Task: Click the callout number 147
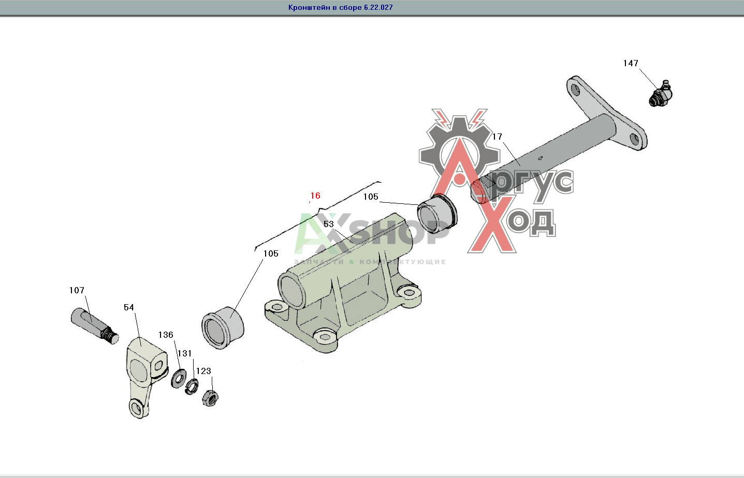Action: [631, 63]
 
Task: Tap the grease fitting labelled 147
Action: [660, 94]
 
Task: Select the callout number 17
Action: [497, 137]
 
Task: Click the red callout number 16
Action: [315, 196]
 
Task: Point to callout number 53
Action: [328, 224]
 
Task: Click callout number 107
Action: [77, 290]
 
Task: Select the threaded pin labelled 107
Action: [95, 326]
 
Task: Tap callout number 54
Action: [129, 307]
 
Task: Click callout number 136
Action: [166, 335]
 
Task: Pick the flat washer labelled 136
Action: [179, 379]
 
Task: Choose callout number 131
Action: [184, 353]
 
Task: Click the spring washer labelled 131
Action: [192, 387]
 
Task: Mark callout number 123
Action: [203, 371]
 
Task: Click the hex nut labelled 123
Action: [210, 398]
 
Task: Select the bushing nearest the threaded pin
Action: [223, 327]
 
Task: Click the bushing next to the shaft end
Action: [437, 214]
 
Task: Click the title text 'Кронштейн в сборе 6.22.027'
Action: [341, 7]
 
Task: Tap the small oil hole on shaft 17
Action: [541, 158]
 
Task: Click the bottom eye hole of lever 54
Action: [136, 407]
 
